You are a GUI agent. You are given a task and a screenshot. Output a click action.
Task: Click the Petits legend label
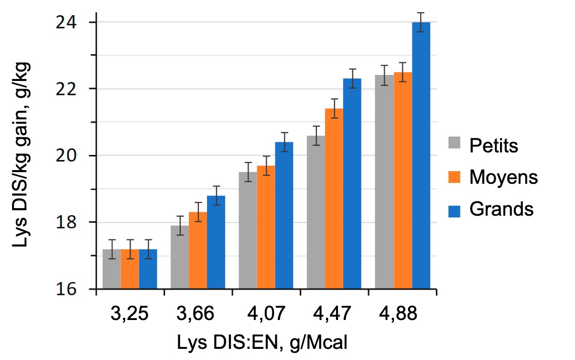point(494,146)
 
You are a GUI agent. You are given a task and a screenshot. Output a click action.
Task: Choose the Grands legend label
point(501,209)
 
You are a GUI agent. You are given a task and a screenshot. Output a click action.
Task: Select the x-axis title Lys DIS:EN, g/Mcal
point(262,342)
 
